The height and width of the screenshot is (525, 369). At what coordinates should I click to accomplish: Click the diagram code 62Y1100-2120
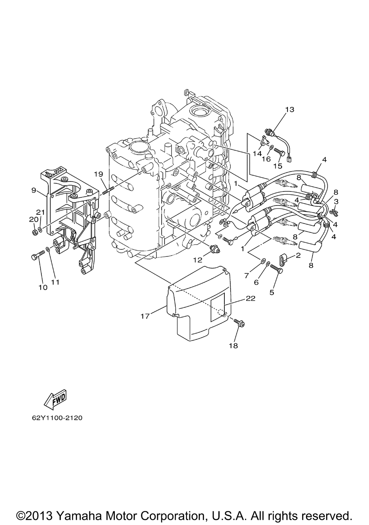tap(56, 418)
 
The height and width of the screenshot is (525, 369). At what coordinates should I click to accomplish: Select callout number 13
tap(290, 109)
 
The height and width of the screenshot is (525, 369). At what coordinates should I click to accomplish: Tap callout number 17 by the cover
tap(145, 316)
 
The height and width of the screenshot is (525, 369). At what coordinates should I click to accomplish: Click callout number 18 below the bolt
tap(234, 346)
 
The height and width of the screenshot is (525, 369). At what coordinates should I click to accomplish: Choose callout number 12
tap(197, 260)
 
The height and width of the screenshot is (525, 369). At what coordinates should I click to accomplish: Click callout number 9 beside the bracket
tap(34, 190)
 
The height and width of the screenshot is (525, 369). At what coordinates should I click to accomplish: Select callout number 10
tap(43, 287)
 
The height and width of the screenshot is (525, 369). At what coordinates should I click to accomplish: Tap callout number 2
tap(298, 255)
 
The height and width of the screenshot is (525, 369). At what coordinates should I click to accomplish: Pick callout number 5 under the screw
tap(272, 293)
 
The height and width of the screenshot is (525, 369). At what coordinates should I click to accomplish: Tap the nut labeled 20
tap(34, 233)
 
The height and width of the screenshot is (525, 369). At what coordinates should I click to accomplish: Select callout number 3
tap(336, 201)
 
